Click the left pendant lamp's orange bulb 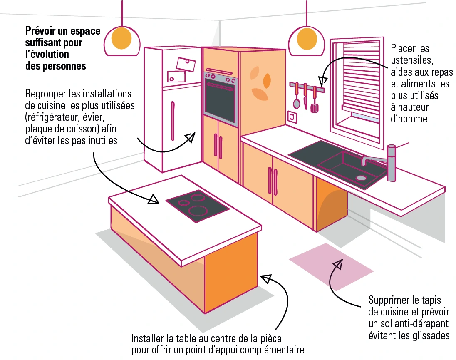(x=121, y=38)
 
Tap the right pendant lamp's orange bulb (x=307, y=38)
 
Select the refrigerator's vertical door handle (x=173, y=121)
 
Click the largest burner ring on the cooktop (x=198, y=210)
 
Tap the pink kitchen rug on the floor (x=331, y=267)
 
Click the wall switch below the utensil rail (x=292, y=117)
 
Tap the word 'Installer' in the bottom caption (x=148, y=338)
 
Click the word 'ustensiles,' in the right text (x=412, y=60)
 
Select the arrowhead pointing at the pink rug (x=338, y=264)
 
